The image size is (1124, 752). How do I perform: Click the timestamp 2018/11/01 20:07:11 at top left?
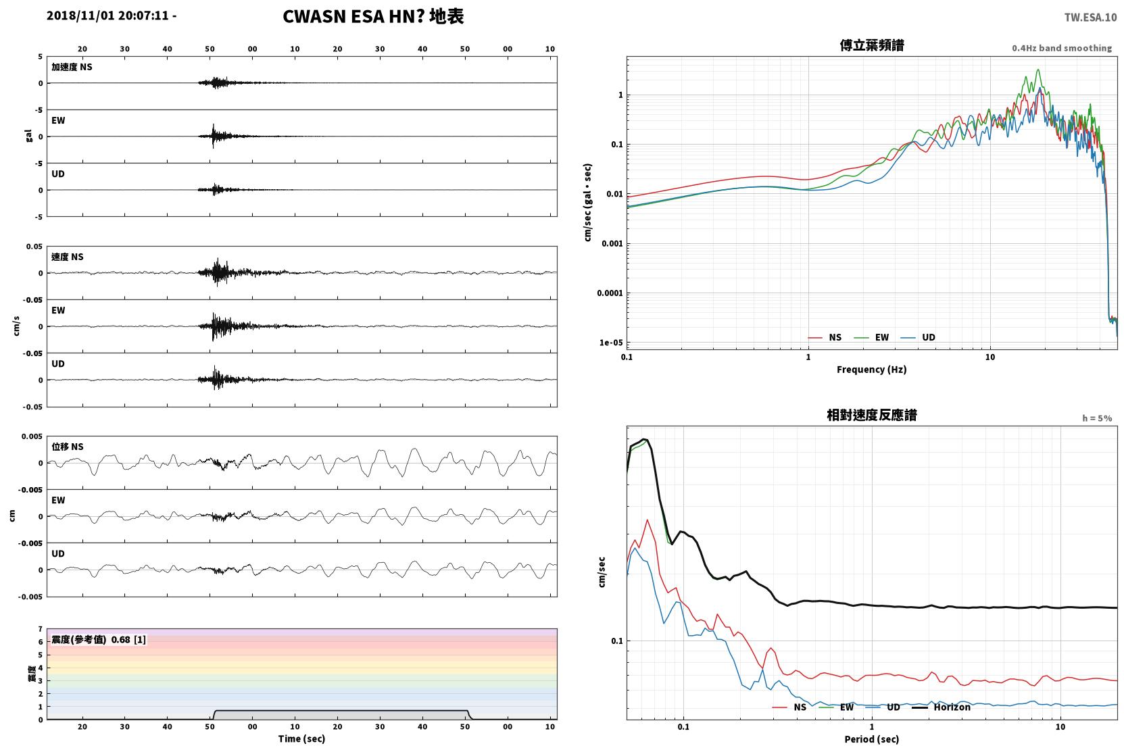107,16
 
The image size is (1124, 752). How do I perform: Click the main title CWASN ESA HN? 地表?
373,17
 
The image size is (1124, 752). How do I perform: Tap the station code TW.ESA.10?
1090,18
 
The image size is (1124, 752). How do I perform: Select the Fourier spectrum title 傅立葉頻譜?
872,46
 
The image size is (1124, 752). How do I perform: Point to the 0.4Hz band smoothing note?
1062,48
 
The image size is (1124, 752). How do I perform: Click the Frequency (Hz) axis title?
872,370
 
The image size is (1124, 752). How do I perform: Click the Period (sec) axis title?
872,739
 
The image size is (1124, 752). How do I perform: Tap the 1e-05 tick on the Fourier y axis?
611,343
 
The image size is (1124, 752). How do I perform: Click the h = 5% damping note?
1097,418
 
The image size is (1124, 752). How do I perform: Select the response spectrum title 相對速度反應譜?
872,416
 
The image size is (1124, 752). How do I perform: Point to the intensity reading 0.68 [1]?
128,640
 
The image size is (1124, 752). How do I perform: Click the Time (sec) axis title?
301,739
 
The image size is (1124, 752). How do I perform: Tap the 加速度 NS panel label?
72,67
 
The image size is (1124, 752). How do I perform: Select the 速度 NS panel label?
67,257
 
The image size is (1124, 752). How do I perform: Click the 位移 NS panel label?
67,447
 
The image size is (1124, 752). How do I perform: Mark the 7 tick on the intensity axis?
41,629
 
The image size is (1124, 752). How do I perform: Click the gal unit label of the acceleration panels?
28,136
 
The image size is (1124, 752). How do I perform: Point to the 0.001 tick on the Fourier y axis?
612,244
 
